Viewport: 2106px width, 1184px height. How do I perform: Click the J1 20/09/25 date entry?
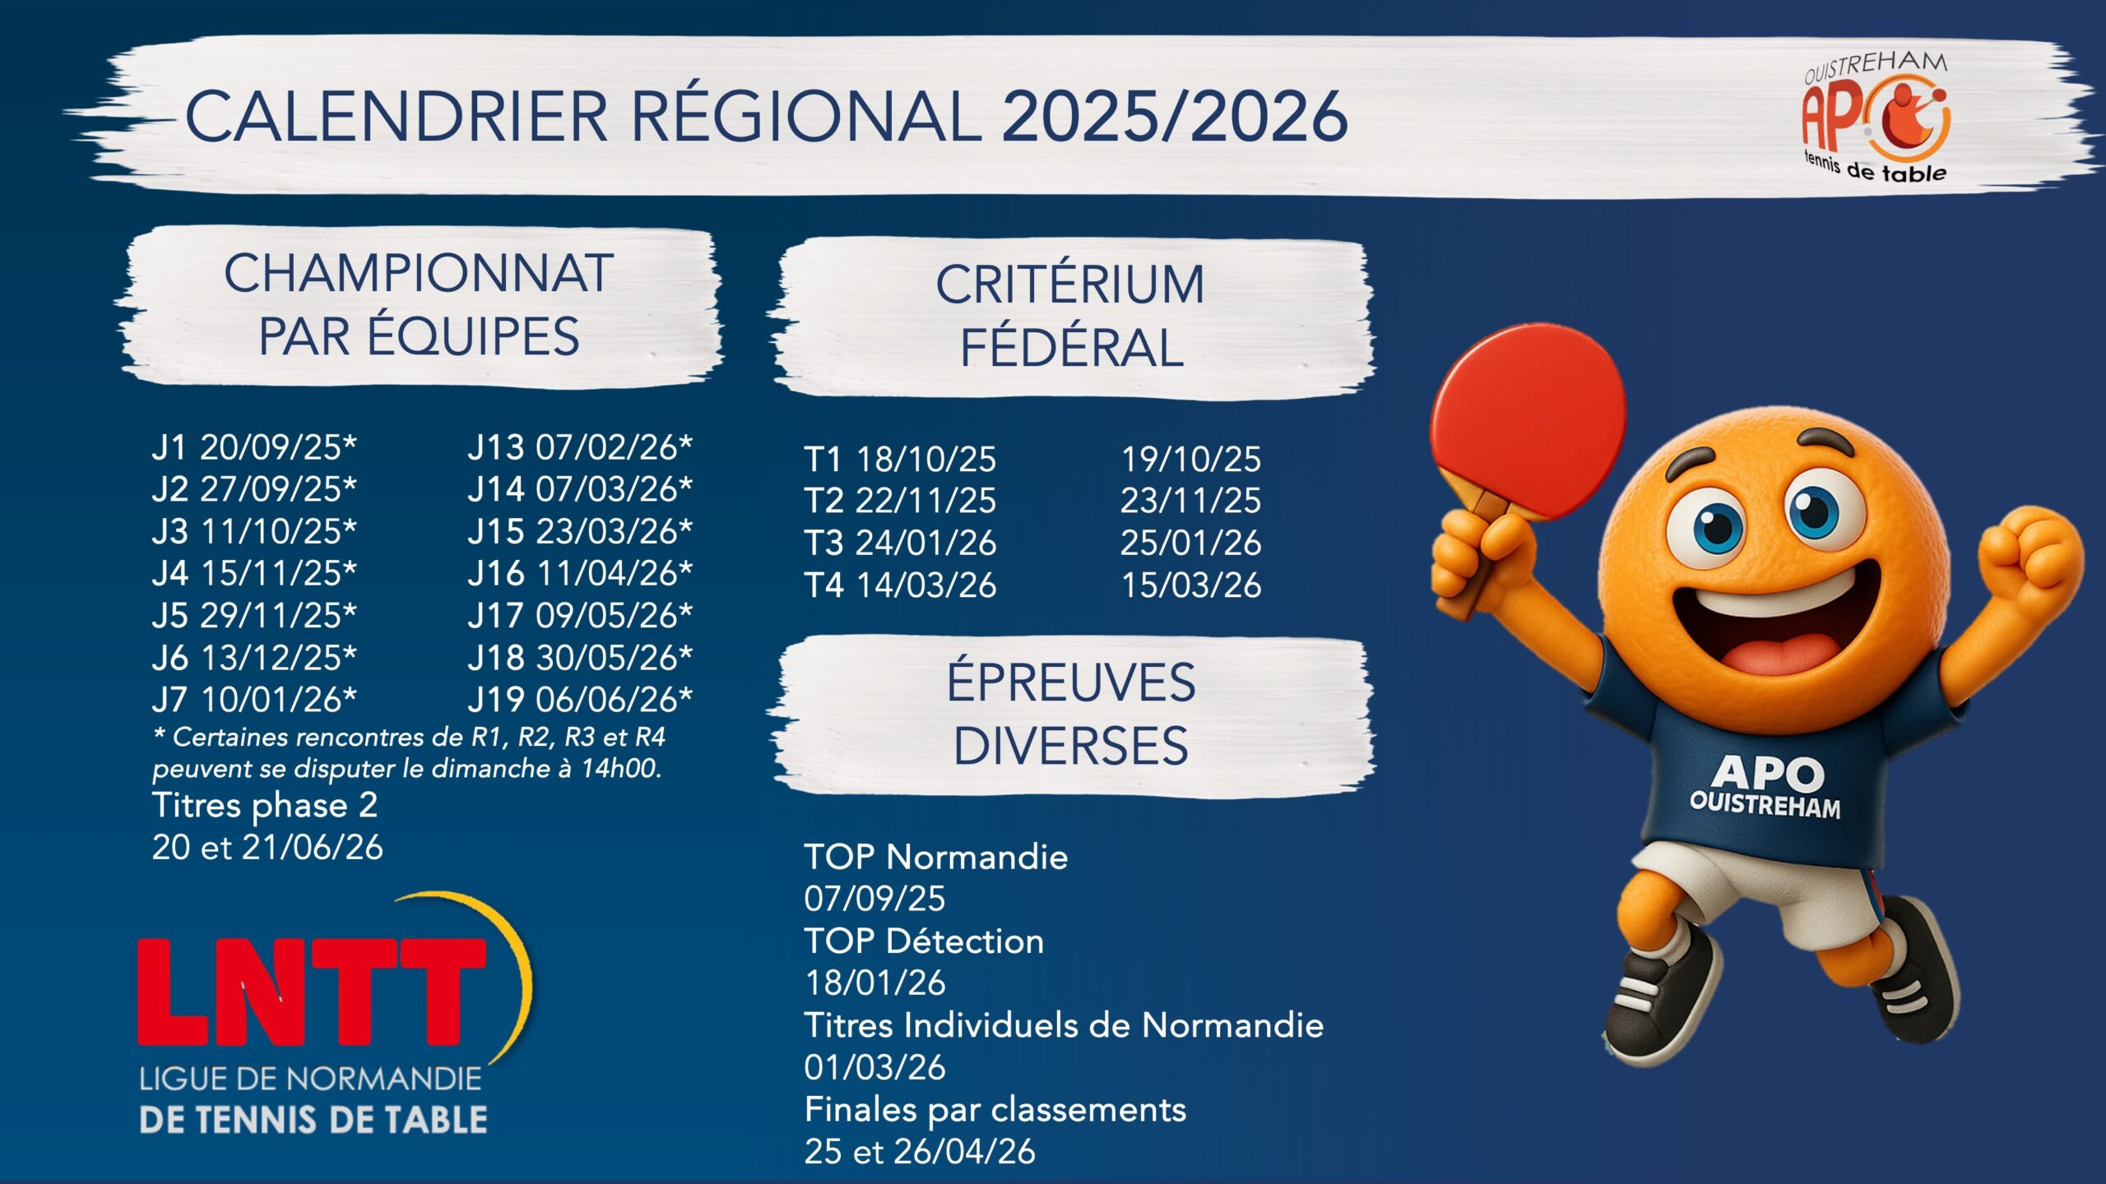pos(254,447)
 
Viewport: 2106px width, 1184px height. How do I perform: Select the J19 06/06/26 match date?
pos(580,700)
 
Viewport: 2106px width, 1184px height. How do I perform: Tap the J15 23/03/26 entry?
pos(580,531)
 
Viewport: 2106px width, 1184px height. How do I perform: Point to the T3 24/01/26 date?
pos(900,543)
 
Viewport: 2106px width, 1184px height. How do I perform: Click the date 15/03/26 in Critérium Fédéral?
pos(1191,585)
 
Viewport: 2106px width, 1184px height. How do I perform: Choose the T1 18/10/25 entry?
pos(900,459)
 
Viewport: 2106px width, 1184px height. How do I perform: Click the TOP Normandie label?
pos(936,857)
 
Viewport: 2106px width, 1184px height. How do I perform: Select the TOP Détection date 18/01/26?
pos(875,983)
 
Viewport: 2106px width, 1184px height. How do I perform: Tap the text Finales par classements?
pos(995,1110)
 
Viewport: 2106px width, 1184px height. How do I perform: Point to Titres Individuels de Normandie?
pos(1064,1025)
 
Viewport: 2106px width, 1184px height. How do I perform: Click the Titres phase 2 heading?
pos(265,806)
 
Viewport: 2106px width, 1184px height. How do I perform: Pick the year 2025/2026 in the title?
pos(1174,116)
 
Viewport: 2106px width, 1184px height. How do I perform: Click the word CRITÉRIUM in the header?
pos(1069,284)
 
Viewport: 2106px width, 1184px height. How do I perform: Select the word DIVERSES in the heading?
pos(1070,746)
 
